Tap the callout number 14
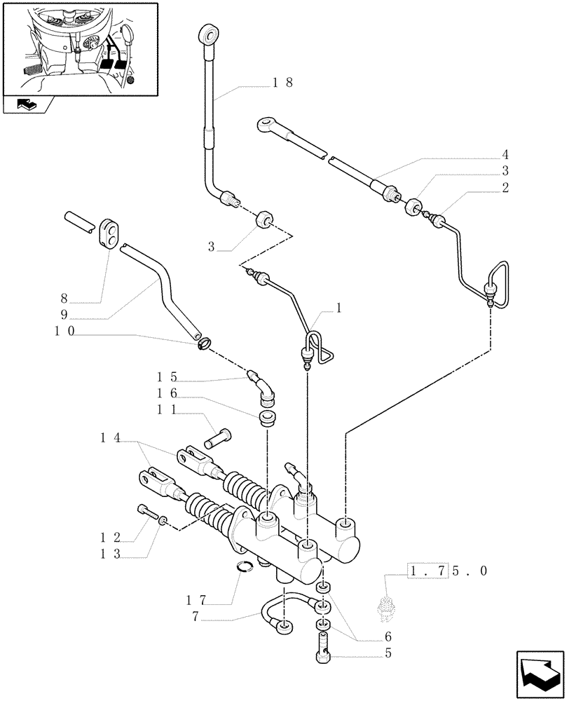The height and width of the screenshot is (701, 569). (110, 438)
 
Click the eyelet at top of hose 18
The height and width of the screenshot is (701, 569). (207, 34)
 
